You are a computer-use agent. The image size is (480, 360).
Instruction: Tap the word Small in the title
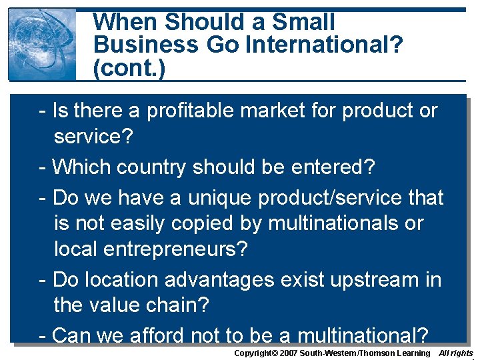pyautogui.click(x=304, y=21)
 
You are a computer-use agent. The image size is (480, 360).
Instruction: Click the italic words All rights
pyautogui.click(x=456, y=353)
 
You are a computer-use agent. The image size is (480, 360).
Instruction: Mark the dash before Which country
pyautogui.click(x=43, y=167)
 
